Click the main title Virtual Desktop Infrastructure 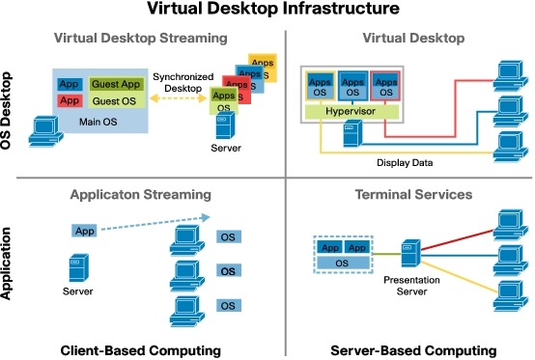click(x=267, y=11)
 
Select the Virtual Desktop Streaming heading click(x=142, y=39)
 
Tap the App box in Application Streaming click(x=84, y=232)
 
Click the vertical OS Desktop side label click(x=12, y=107)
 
